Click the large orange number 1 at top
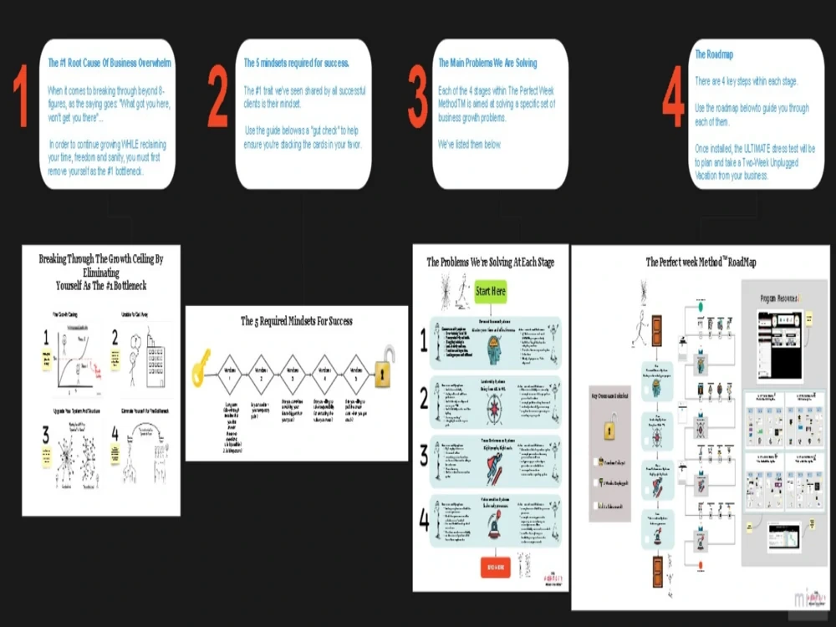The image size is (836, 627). [21, 99]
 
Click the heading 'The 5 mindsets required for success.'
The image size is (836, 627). [296, 63]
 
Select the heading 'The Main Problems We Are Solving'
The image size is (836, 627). [487, 63]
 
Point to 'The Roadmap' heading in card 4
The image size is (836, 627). [715, 54]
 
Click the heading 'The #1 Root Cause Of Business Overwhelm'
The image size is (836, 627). [110, 63]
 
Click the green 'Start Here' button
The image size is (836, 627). [491, 293]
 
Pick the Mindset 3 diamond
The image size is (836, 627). [292, 375]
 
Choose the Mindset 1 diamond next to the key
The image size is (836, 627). [229, 375]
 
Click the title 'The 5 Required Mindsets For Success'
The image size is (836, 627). [296, 321]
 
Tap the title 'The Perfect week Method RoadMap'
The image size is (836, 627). [701, 263]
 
